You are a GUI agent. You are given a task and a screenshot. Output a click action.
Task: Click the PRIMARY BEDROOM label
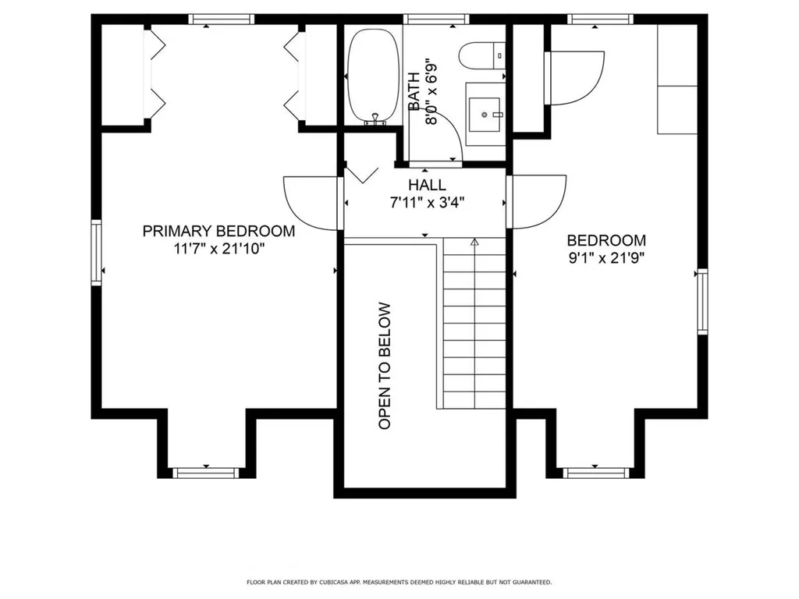point(218,232)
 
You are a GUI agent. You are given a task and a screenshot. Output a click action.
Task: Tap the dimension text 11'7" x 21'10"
point(218,250)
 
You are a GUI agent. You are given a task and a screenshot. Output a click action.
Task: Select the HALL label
point(427,186)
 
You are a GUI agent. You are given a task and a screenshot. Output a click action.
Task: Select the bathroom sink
point(485,115)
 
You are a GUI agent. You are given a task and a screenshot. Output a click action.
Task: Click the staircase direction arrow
point(474,243)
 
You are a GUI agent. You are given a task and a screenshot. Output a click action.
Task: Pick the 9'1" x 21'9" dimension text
point(606,258)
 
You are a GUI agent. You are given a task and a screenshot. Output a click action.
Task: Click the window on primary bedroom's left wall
point(97,251)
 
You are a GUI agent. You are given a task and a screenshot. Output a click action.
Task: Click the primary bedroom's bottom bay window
point(205,472)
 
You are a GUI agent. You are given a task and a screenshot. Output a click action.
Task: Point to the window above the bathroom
point(430,19)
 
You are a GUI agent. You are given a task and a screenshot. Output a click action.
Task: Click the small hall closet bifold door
point(362,174)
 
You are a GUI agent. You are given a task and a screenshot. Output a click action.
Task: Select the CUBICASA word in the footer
point(340,582)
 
